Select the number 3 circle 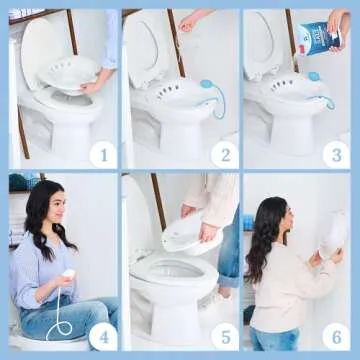337,153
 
